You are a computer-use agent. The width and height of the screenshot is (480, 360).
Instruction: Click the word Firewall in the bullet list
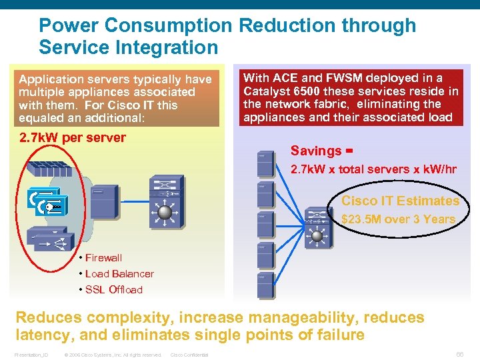tap(103, 258)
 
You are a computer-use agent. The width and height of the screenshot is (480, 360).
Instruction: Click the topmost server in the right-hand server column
tap(265, 164)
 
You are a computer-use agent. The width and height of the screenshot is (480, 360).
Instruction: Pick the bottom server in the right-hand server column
tap(265, 283)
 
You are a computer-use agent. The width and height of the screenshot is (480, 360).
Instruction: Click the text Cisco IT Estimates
tap(400, 201)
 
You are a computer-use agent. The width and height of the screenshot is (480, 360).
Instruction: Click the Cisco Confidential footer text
tap(190, 355)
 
